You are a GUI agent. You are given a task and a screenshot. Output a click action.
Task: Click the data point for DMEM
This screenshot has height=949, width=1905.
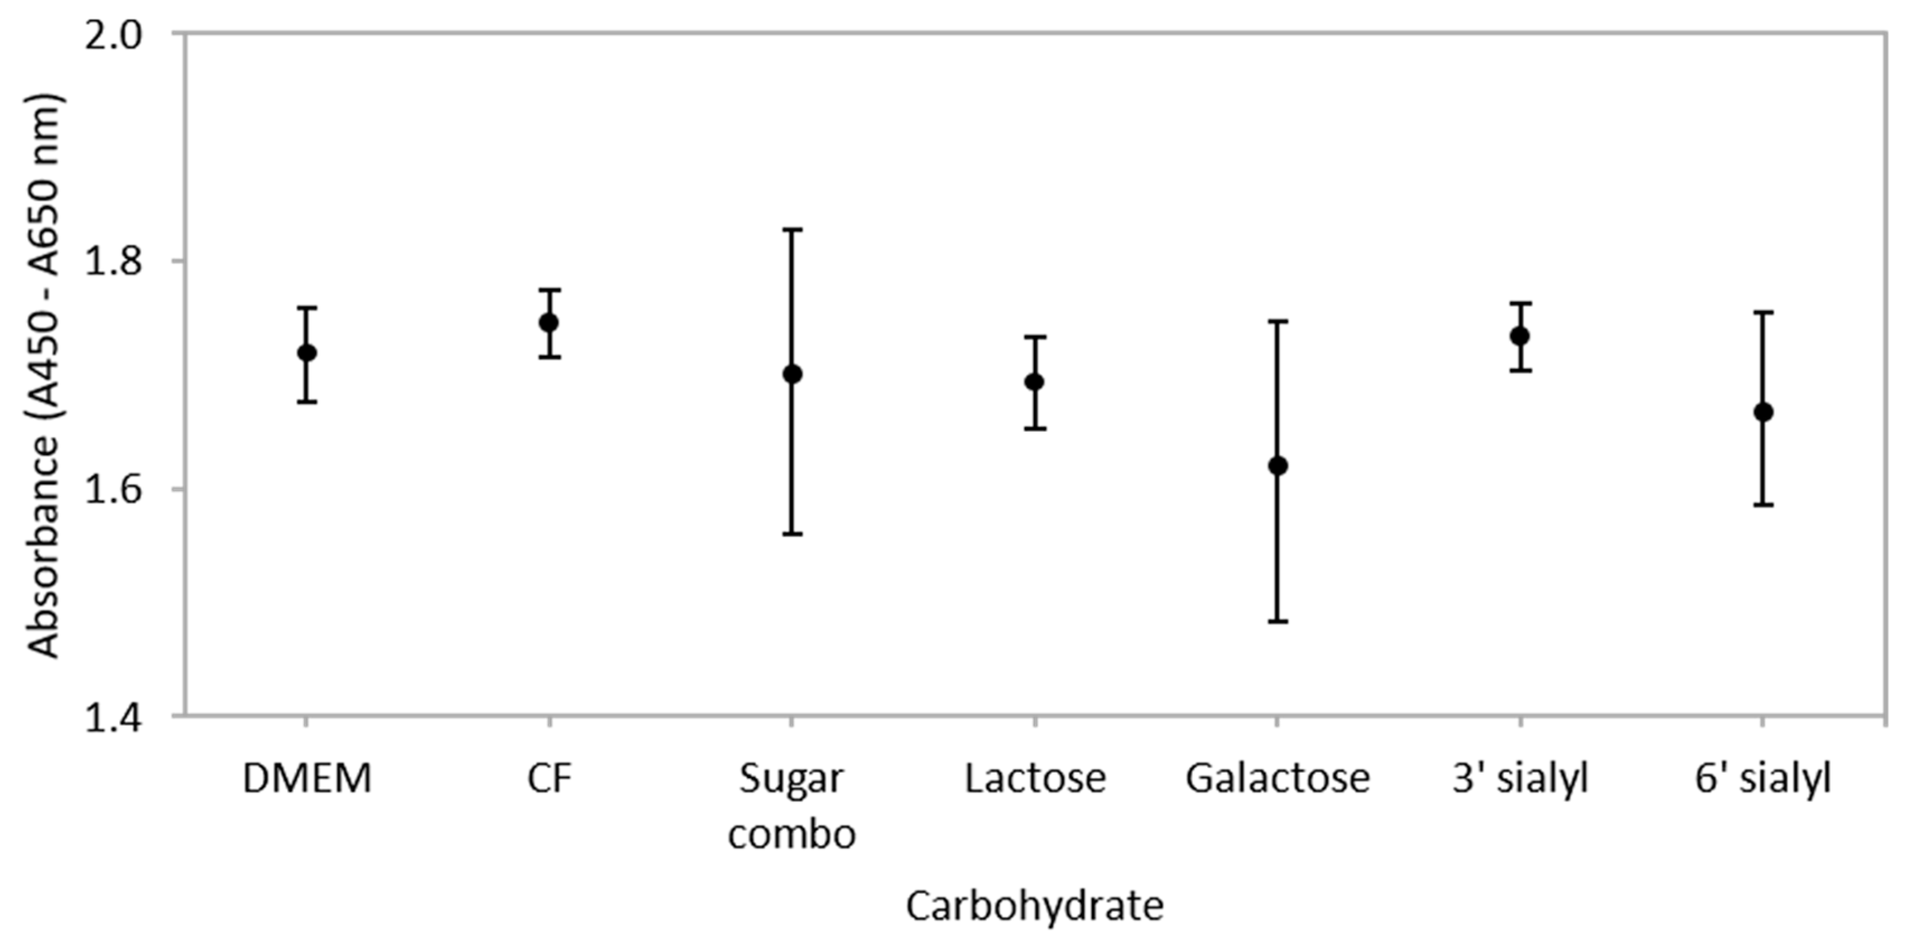coord(306,353)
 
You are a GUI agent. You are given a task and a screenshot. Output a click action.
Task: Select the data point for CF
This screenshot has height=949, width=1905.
coord(548,322)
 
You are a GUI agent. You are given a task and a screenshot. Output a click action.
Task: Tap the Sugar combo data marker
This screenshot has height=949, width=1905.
coord(792,374)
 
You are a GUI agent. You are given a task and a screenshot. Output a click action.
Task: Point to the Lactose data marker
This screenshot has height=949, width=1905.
coord(1035,382)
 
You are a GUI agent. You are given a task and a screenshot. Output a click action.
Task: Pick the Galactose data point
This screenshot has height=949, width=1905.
coord(1277,466)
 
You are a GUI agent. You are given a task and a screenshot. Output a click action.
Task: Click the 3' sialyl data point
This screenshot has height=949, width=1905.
coord(1520,336)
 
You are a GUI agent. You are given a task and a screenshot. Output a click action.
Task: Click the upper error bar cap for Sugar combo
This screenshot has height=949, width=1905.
coord(792,230)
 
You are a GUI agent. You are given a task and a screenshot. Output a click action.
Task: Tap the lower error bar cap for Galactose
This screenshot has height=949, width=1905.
coord(1277,621)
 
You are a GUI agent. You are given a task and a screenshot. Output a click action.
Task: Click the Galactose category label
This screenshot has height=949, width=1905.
coord(1277,779)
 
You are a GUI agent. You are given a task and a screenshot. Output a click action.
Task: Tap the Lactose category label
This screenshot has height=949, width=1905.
coord(1035,779)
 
